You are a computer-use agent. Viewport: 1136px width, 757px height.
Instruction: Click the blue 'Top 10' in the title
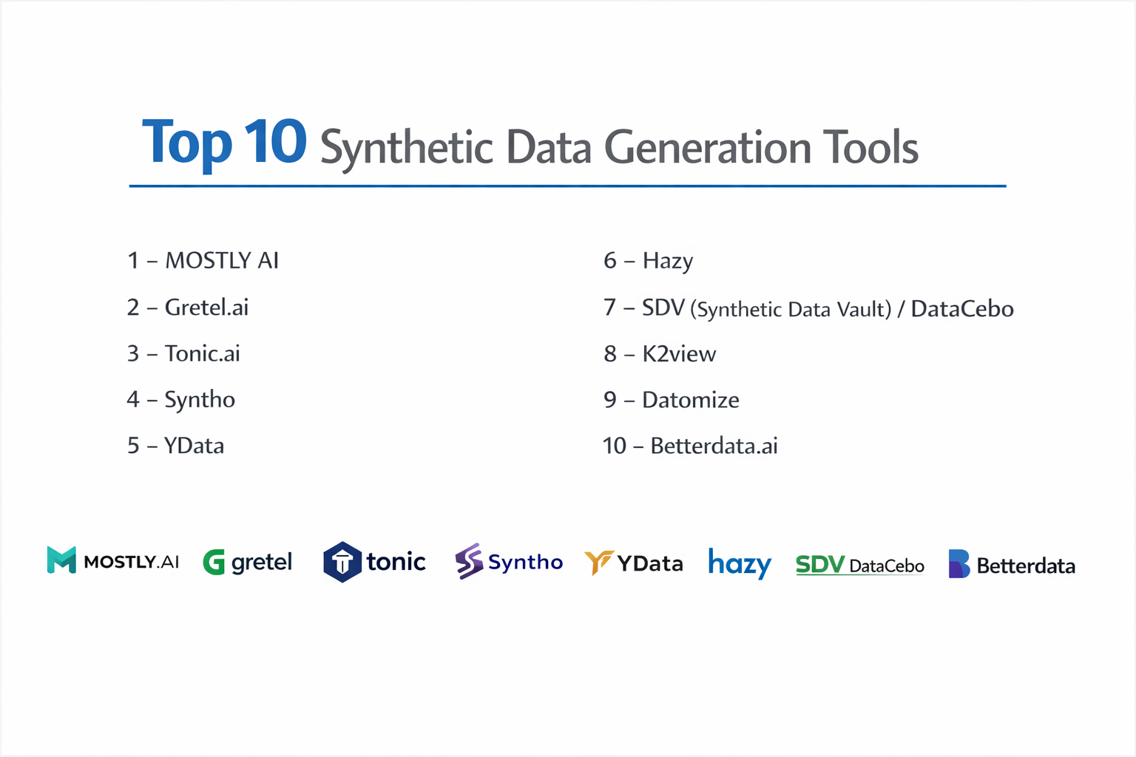click(x=224, y=142)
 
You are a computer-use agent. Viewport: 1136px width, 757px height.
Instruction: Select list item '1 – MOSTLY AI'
click(x=203, y=261)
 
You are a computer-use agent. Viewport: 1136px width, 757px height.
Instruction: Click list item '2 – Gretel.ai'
click(x=188, y=308)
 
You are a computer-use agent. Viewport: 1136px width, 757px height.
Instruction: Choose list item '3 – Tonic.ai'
click(x=183, y=353)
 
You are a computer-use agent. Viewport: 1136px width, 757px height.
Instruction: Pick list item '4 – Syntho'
click(x=181, y=400)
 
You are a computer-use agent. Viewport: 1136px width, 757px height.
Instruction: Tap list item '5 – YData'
click(x=175, y=446)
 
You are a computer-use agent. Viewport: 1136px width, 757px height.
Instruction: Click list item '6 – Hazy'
click(x=648, y=261)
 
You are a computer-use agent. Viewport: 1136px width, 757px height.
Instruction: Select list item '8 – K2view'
click(x=660, y=354)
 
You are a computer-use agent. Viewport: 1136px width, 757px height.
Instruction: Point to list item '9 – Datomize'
click(x=672, y=400)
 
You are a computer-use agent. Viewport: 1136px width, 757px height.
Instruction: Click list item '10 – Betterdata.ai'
click(x=690, y=446)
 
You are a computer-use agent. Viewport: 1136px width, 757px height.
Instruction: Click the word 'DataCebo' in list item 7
click(x=961, y=309)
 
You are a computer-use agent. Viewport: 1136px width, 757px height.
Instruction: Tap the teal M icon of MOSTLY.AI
click(x=61, y=560)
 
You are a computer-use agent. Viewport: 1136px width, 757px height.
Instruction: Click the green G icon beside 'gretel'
click(x=214, y=563)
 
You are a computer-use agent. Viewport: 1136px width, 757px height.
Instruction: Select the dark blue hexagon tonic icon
click(x=342, y=562)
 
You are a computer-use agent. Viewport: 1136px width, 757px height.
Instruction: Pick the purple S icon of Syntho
click(x=469, y=561)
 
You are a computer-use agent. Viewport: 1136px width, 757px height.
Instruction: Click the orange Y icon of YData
click(x=598, y=562)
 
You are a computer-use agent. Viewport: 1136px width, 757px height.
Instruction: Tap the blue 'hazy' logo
click(x=740, y=564)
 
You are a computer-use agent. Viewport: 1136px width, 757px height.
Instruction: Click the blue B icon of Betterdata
click(x=958, y=564)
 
